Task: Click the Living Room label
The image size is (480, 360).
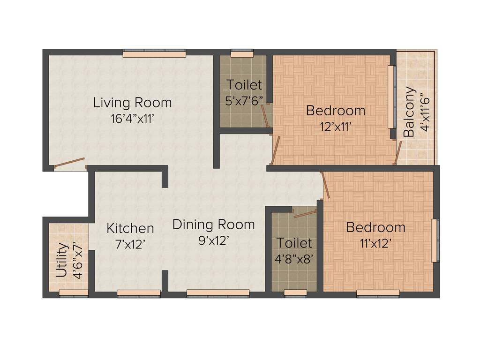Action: [132, 102]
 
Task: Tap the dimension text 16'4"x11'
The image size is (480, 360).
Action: [132, 119]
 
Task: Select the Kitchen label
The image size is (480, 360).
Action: [130, 228]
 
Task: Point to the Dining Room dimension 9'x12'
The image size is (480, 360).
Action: [213, 241]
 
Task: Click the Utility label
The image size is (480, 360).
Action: [62, 260]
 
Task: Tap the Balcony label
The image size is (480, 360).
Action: [409, 112]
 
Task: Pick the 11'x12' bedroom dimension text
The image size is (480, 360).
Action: [375, 243]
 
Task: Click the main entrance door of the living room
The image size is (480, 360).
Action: [69, 163]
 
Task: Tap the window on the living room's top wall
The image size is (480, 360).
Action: [154, 54]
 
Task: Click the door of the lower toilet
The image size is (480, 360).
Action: [305, 214]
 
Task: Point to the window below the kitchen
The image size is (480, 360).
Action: [138, 293]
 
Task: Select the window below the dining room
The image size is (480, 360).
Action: [218, 293]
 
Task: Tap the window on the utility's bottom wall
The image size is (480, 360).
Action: [74, 293]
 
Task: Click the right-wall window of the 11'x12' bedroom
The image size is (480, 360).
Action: [435, 240]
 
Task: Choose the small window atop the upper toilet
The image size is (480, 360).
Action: [242, 53]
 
